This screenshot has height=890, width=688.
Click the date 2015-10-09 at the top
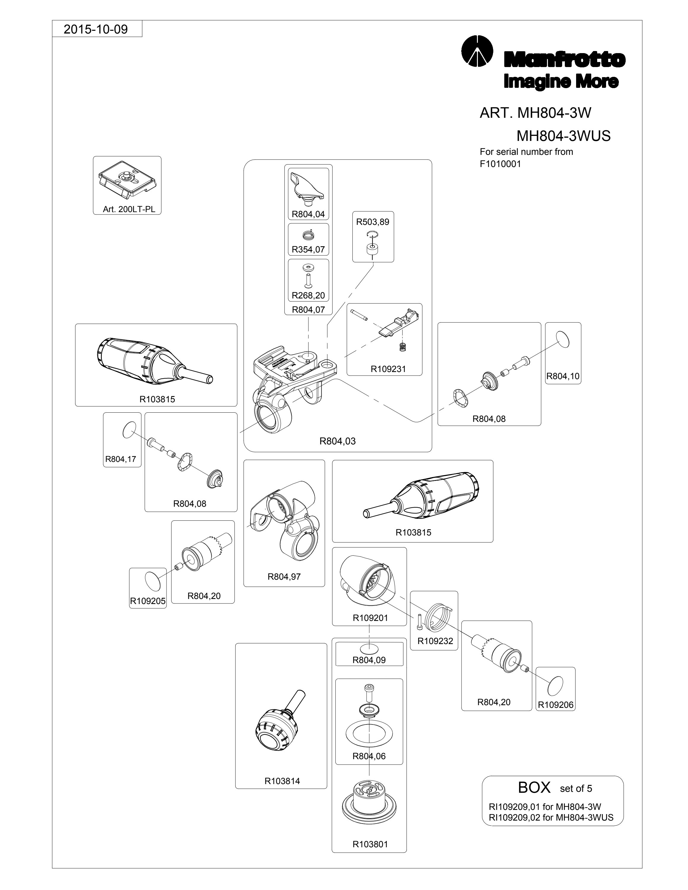pyautogui.click(x=96, y=29)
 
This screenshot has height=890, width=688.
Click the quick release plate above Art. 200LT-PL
pyautogui.click(x=127, y=180)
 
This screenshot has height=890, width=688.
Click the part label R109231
pyautogui.click(x=388, y=369)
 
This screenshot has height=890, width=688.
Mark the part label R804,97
pyautogui.click(x=284, y=576)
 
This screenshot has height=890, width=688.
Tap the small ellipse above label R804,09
pyautogui.click(x=369, y=648)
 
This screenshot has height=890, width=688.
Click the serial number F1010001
pyautogui.click(x=500, y=164)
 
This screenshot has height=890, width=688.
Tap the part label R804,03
pyautogui.click(x=337, y=441)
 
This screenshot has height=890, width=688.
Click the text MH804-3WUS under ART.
pyautogui.click(x=563, y=136)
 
